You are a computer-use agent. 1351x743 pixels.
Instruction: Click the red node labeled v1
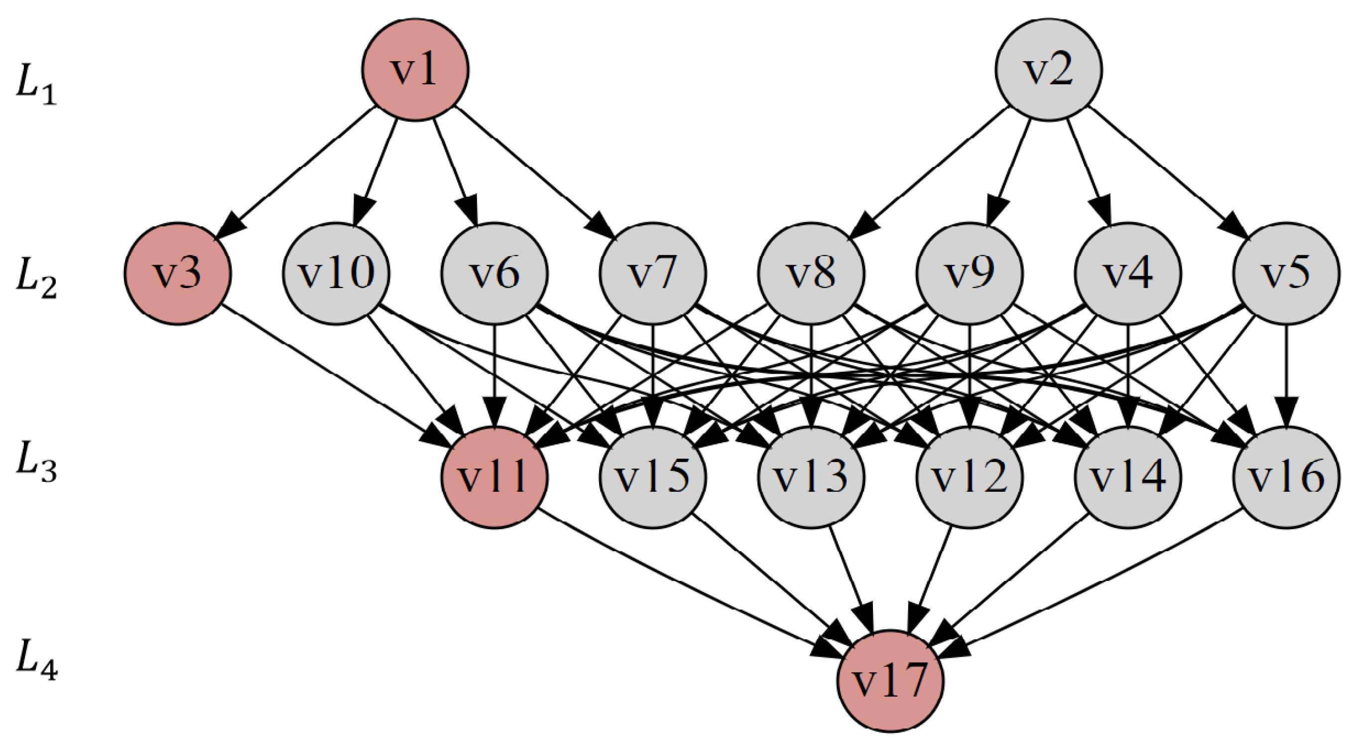coord(415,70)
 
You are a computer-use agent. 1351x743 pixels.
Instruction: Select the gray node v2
coord(1048,70)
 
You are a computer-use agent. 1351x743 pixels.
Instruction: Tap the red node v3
coord(178,274)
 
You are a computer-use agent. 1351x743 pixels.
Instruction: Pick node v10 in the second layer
coord(336,274)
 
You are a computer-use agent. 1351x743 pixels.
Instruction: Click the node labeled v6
coord(494,274)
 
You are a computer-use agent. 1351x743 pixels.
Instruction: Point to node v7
coord(653,274)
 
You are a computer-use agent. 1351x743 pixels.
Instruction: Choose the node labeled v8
coord(811,274)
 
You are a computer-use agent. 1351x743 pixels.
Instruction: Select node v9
coord(970,274)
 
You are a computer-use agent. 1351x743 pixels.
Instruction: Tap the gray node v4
coord(1128,274)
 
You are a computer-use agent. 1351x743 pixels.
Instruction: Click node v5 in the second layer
coord(1286,274)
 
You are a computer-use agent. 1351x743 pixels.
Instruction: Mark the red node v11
coord(494,477)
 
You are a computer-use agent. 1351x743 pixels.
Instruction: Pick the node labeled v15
coord(653,477)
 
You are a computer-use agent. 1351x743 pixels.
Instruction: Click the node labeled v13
coord(811,477)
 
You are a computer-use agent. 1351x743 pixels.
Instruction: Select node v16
coord(1286,477)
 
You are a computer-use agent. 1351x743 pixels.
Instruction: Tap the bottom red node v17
coord(890,681)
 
